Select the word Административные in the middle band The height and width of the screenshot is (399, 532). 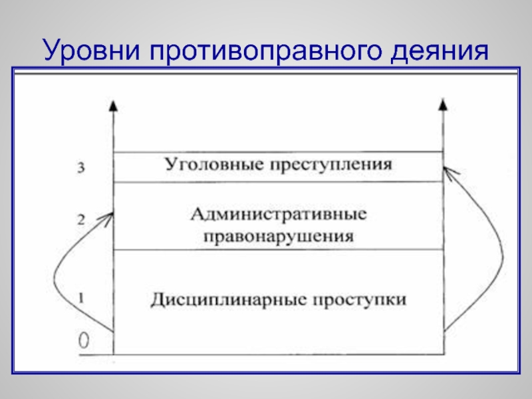[x=278, y=215]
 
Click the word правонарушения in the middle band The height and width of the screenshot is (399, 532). [x=278, y=235]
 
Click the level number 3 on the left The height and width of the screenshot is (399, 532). [x=80, y=169]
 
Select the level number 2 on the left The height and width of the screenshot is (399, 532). [x=80, y=220]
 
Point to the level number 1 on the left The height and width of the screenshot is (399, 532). [x=80, y=299]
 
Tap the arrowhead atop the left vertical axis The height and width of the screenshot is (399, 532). [x=114, y=104]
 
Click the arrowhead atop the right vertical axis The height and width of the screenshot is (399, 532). [x=442, y=104]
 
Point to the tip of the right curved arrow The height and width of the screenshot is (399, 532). [x=445, y=169]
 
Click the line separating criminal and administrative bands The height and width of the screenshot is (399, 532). [x=278, y=182]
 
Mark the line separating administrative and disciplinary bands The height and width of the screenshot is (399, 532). [x=278, y=250]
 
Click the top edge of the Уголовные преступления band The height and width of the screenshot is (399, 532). [x=278, y=152]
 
